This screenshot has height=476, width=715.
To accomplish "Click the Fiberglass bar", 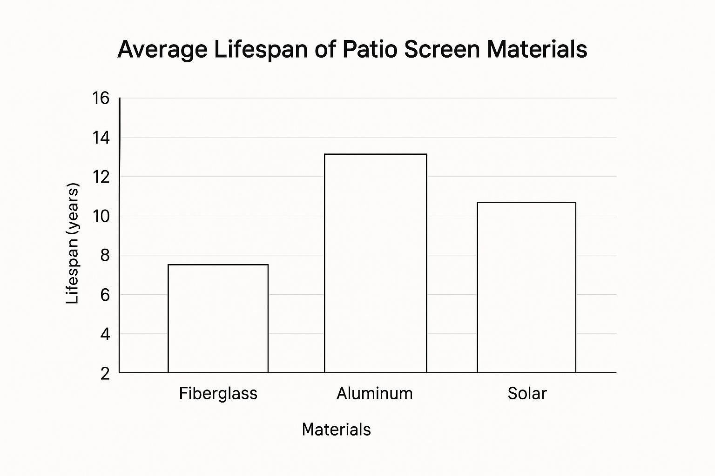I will [218, 318].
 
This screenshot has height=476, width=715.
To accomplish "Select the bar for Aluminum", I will [375, 263].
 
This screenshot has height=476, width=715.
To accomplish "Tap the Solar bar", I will [526, 287].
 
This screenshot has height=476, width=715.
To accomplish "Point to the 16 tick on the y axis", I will [101, 98].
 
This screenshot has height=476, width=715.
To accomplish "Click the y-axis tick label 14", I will [101, 138].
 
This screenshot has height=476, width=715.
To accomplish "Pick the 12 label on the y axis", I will [101, 177].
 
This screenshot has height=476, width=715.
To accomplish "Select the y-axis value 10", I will [101, 216].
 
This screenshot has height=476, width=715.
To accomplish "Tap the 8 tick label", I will [105, 255].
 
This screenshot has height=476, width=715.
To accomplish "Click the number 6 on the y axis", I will [105, 295].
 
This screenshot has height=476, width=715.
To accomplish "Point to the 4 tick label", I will [105, 334].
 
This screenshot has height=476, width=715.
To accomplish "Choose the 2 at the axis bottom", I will [105, 373].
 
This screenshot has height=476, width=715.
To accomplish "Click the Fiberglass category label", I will [218, 394].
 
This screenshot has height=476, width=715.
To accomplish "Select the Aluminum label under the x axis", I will [375, 393].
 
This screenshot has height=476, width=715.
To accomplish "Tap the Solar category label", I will [527, 393].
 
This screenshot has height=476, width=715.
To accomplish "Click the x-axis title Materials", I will [336, 429].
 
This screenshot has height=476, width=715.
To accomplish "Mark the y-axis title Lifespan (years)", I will [73, 244].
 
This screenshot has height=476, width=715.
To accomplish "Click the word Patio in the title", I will [370, 49].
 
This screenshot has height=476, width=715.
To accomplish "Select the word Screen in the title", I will [442, 49].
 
